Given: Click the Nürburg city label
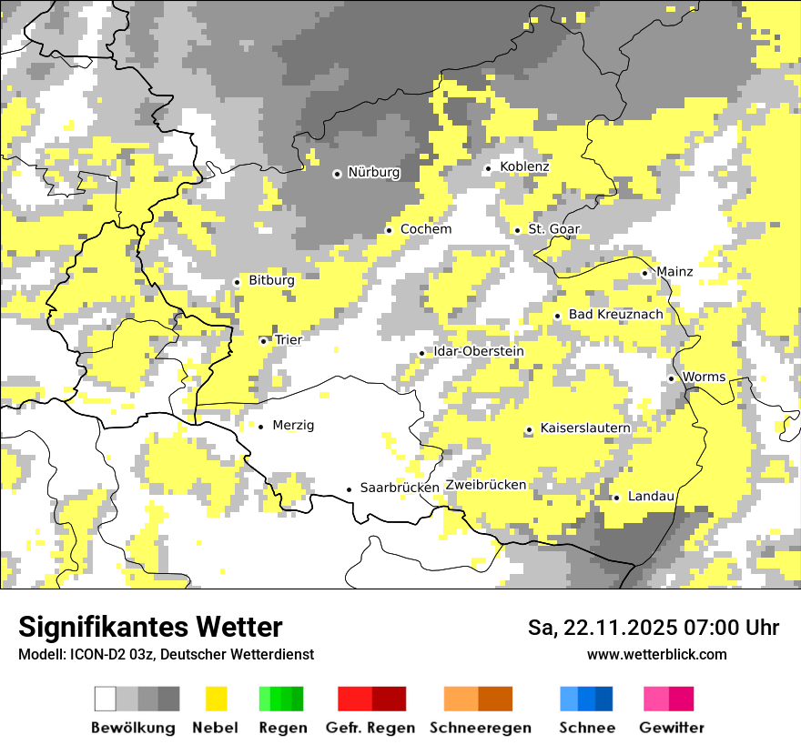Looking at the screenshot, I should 373,173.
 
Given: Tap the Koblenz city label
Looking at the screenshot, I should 524,166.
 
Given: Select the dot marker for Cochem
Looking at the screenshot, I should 389,230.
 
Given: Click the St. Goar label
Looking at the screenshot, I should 553,229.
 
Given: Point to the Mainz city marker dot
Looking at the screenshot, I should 644,273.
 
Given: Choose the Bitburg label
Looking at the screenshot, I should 271,281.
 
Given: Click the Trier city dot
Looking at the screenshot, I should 263,341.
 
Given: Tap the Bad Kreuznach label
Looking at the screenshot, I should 615,315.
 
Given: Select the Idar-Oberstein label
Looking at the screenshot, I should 479,352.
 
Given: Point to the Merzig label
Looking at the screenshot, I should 293,425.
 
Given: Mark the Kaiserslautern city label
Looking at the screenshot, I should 585,428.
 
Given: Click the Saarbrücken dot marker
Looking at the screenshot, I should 349,489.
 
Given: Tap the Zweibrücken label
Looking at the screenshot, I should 486,485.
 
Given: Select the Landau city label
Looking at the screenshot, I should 651,496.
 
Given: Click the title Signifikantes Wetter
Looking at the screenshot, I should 150,628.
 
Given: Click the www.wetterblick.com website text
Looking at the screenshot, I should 656,654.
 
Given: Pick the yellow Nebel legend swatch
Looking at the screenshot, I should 216,699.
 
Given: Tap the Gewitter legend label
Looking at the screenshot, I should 671,728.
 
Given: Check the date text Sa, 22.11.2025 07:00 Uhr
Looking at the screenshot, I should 654,628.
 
